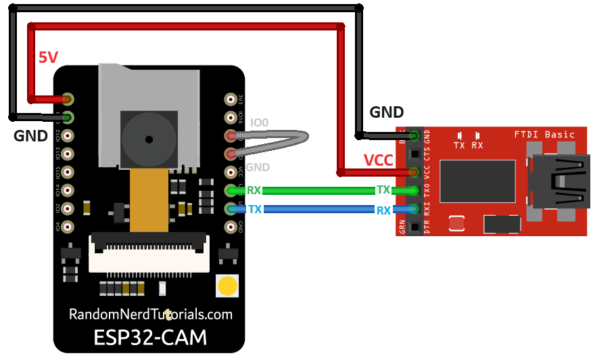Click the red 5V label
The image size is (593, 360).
coord(48,58)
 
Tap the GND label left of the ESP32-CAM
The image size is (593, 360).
coord(30,136)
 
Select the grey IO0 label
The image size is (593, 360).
coord(259,122)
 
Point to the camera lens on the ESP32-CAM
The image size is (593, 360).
coord(148,138)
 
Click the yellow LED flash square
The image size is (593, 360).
coord(227,286)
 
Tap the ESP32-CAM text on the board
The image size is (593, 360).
coord(149,337)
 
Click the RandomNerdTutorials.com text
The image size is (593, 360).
coord(150,315)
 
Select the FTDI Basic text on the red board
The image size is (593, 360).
coord(544,134)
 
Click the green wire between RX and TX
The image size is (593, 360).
coord(318,191)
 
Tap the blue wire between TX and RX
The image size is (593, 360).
coord(318,210)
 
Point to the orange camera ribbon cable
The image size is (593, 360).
coord(149,200)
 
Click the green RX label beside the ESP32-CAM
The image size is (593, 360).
coord(254,191)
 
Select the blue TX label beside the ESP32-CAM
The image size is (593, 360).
coord(255,210)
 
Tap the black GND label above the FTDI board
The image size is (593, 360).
coord(386,112)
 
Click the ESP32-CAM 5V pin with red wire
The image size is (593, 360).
coord(68,99)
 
